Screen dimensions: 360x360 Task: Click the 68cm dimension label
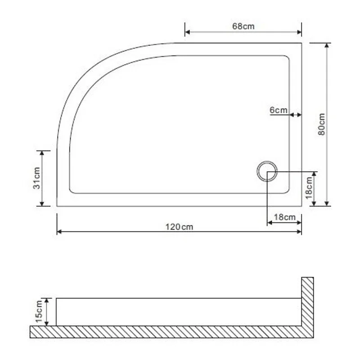coord(243,26)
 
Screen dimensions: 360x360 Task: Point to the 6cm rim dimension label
coord(279,110)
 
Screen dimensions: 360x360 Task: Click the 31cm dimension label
coord(37,178)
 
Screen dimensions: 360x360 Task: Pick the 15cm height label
coord(39,311)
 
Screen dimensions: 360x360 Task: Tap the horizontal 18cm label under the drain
coord(284,217)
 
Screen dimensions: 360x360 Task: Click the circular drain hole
coord(267,171)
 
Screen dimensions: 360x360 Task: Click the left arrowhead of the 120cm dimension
coord(59,232)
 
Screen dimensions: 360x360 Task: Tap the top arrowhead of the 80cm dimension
coord(327,45)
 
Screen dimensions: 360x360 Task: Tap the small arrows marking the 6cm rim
coord(296,115)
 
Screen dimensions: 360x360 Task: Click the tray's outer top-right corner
coord(301,43)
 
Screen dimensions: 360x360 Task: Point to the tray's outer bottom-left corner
coord(57,206)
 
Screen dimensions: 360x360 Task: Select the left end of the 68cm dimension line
coord(186,32)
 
